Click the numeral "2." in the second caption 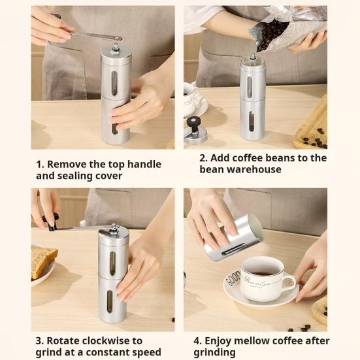point(203,158)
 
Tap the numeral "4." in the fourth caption point(197,341)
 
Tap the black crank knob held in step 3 point(52,221)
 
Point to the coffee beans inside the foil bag point(271,34)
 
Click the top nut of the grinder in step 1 point(116,48)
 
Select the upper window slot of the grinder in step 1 point(114,83)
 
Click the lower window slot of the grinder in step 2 point(252,122)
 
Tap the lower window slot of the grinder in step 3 point(110,301)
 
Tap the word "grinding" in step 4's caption point(214,352)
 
